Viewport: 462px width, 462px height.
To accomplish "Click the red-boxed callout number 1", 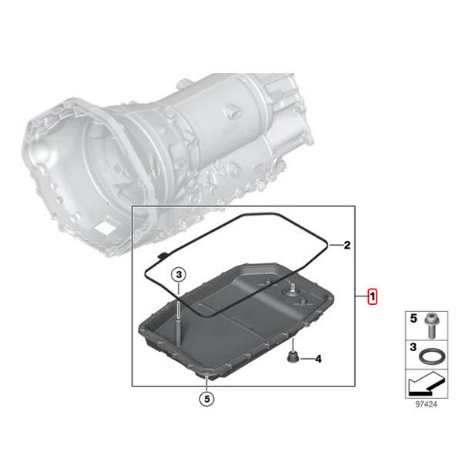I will click(372, 296).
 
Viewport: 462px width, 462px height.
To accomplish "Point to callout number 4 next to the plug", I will click(318, 359).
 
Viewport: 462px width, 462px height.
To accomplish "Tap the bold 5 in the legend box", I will click(413, 317).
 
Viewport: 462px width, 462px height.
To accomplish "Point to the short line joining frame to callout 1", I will click(360, 296).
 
